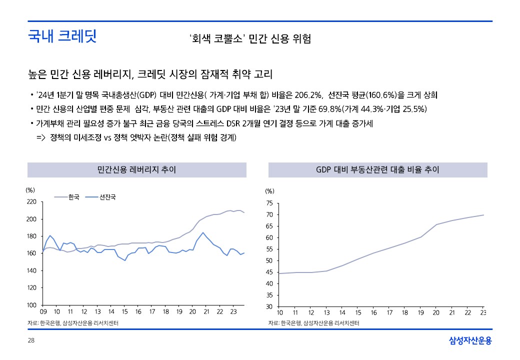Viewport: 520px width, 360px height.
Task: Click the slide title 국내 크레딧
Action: pos(62,36)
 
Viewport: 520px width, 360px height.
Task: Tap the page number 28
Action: pos(31,340)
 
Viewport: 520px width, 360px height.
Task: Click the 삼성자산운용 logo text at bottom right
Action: pos(470,341)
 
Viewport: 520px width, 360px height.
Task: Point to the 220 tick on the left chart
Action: pos(31,202)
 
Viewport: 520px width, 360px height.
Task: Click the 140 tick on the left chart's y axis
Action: pos(31,271)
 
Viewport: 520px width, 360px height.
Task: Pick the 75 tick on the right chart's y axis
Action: pos(269,203)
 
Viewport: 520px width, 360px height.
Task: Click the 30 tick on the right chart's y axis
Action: pos(269,306)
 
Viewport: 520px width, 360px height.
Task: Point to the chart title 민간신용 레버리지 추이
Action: pos(136,170)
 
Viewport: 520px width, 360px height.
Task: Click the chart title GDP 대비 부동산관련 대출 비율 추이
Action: pos(377,170)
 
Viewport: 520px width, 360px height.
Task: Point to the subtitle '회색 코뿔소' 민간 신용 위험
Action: pos(250,39)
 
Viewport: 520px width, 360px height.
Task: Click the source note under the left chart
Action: pos(76,323)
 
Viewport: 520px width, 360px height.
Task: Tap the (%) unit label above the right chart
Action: pos(270,191)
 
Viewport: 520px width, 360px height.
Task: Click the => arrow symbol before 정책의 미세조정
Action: pos(41,137)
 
